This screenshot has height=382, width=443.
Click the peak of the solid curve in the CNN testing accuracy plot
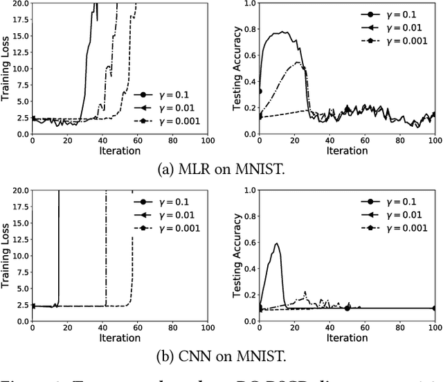pos(277,243)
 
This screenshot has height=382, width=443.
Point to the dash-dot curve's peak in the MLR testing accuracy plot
pos(297,62)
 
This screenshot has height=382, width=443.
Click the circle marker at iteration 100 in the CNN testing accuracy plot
pos(434,308)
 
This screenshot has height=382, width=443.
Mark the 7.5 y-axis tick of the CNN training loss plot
pos(21,266)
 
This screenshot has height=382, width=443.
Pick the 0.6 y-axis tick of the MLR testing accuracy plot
pos(248,53)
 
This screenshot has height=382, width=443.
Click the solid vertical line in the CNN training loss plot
pos(59,250)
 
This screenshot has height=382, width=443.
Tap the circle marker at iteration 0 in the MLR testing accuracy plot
pos(260,91)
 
